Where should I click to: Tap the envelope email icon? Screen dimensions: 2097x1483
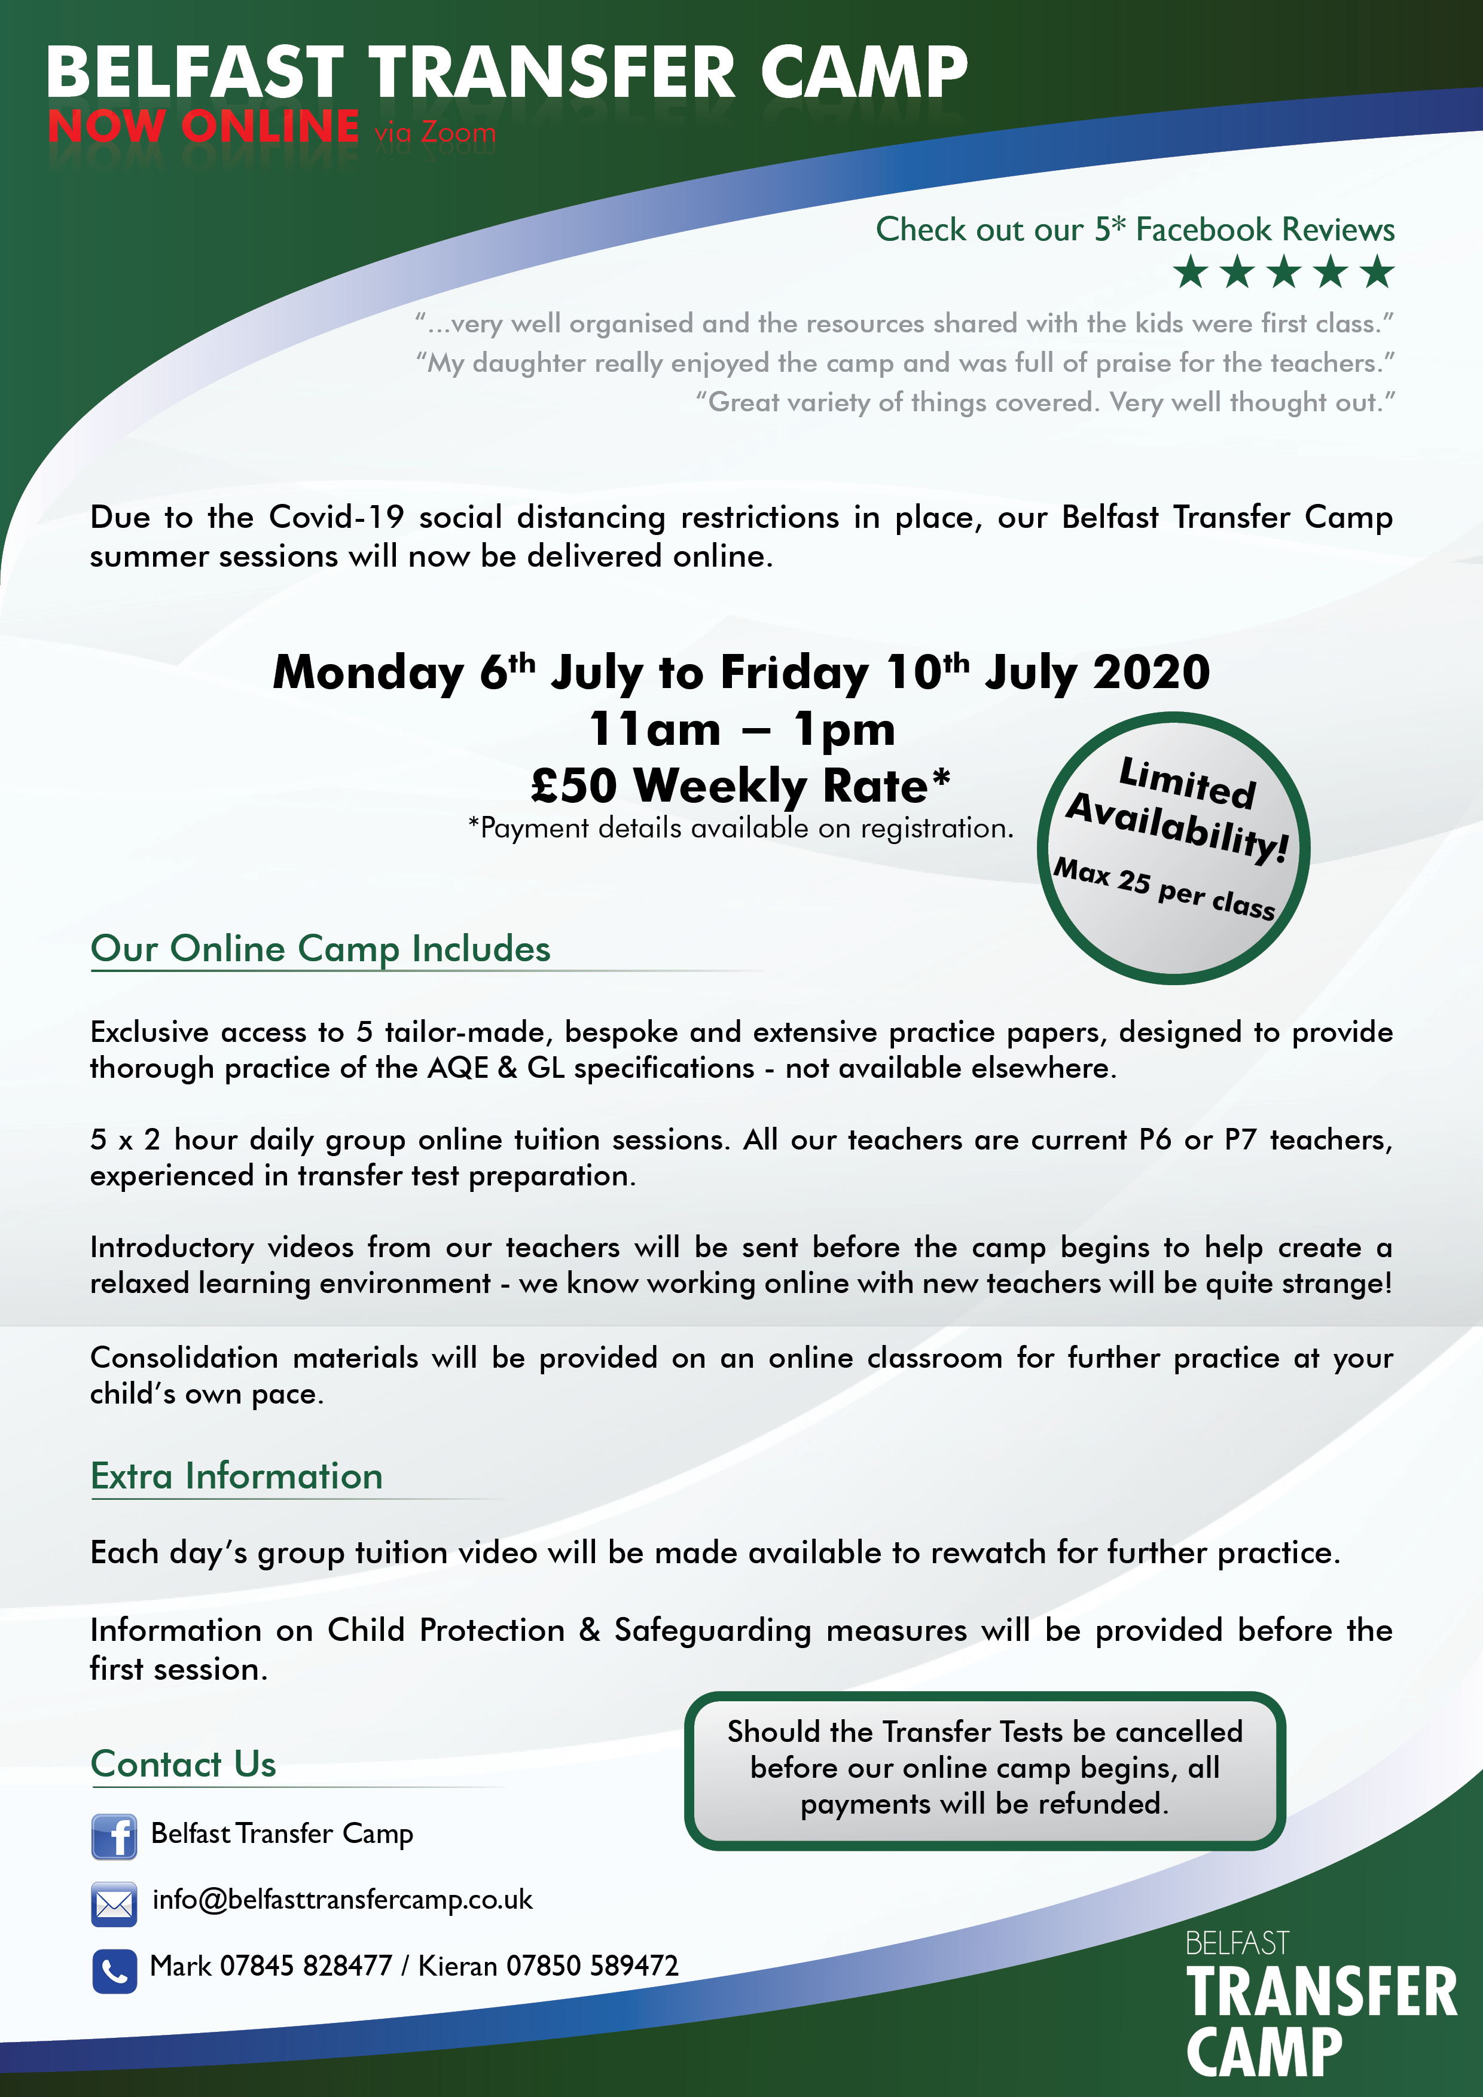(114, 1903)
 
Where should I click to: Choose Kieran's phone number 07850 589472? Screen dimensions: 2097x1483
(592, 1965)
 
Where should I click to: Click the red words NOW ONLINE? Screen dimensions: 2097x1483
(203, 127)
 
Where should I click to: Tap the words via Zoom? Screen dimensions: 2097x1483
(434, 133)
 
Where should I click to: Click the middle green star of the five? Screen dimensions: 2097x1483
(1284, 272)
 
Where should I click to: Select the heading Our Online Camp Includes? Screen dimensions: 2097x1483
(320, 949)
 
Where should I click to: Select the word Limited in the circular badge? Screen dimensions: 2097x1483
(1187, 782)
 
